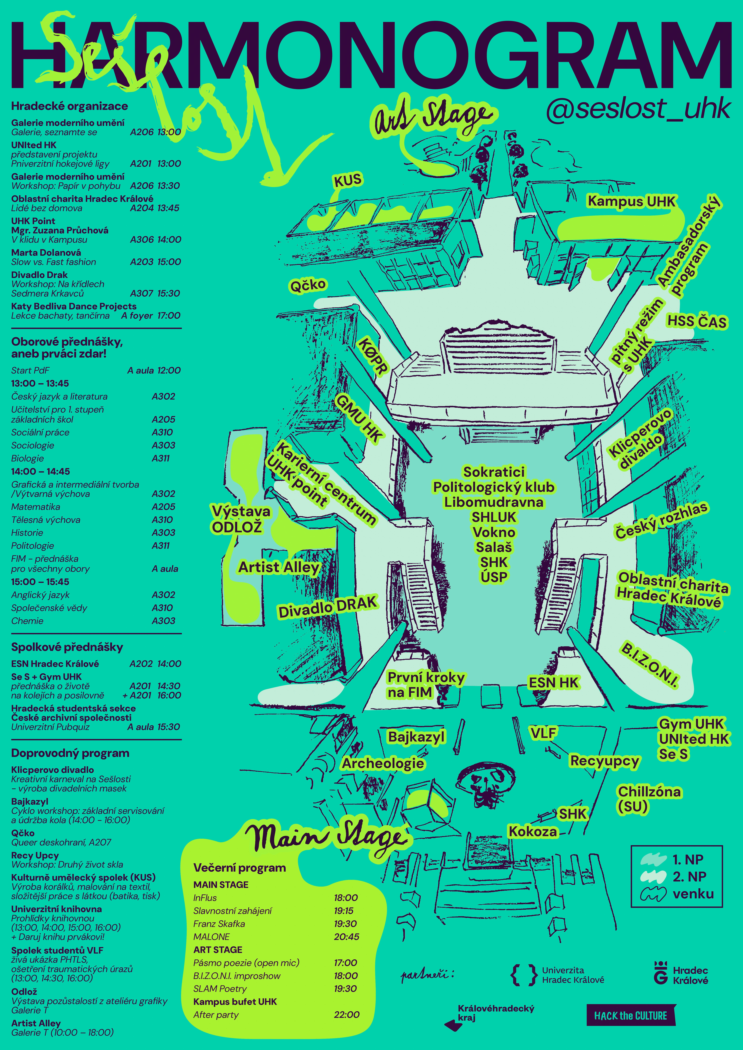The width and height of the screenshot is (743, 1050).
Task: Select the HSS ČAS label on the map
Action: (x=696, y=321)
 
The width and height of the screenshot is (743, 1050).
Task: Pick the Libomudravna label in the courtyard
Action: (x=494, y=502)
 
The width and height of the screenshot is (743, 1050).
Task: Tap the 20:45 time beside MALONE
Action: (x=346, y=937)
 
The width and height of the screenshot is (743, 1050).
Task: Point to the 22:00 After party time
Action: (x=346, y=1014)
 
